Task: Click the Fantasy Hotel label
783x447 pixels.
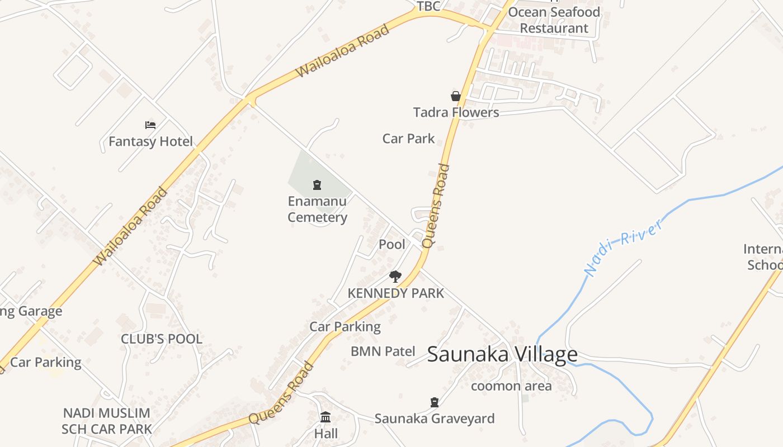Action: [x=150, y=141]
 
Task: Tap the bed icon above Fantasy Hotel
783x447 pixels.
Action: [x=150, y=125]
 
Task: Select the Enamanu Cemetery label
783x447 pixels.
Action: [x=317, y=209]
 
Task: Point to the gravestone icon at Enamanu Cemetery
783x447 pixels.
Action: [x=317, y=184]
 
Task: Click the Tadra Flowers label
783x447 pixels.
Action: [x=456, y=112]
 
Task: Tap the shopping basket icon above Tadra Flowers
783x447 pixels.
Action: [x=456, y=96]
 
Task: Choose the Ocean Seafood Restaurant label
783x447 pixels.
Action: [x=554, y=20]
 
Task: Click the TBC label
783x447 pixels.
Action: [x=429, y=6]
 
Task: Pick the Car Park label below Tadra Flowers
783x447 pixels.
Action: [x=408, y=139]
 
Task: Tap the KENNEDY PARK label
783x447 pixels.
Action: [x=395, y=293]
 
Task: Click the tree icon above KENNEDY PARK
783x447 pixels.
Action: [x=395, y=276]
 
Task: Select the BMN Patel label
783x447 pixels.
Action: [x=383, y=351]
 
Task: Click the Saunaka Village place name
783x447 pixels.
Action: [x=502, y=354]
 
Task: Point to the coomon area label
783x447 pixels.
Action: [x=511, y=386]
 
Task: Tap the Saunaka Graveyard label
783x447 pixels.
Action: [x=435, y=419]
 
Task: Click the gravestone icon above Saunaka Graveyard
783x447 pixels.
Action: [x=434, y=402]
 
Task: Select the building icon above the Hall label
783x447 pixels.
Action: [x=326, y=417]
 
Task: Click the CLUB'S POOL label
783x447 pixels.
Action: [x=162, y=339]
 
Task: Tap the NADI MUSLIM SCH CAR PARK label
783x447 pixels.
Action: [x=106, y=421]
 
